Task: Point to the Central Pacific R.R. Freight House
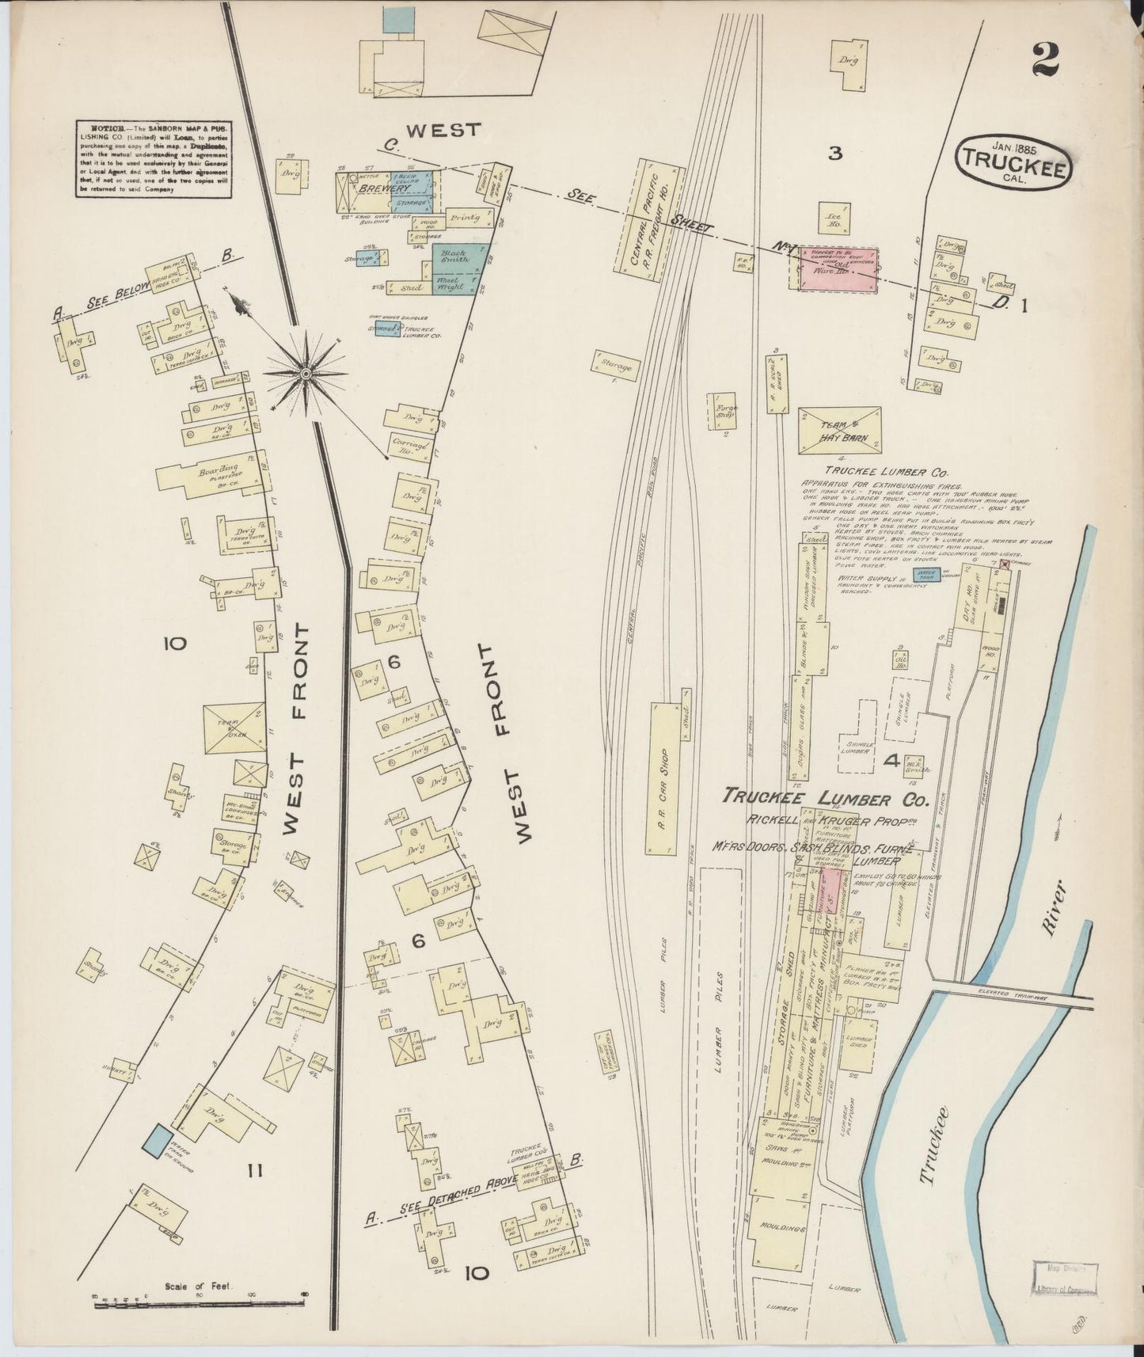(x=648, y=214)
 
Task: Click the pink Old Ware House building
(x=836, y=268)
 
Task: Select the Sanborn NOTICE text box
(x=154, y=159)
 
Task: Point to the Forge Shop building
(x=726, y=412)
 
